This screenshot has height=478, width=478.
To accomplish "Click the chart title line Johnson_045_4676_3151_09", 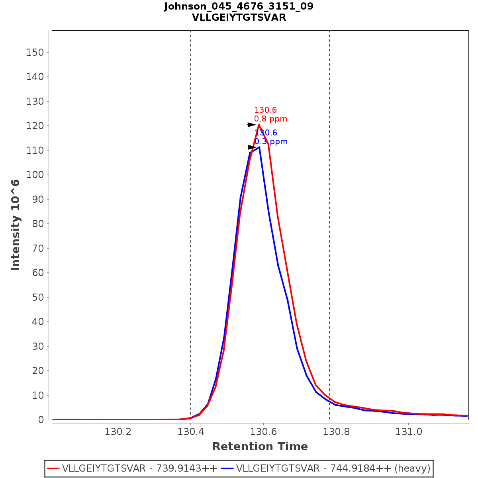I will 239,6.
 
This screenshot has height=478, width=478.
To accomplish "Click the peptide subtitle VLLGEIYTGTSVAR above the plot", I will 239,18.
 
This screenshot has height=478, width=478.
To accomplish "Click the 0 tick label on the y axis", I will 41,420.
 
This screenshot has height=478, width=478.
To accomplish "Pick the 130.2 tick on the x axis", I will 118,432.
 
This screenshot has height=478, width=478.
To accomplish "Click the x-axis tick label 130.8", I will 335,432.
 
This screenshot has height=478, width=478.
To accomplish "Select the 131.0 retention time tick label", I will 408,432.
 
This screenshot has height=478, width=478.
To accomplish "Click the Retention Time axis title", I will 260,447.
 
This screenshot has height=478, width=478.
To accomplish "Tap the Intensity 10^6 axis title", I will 16,225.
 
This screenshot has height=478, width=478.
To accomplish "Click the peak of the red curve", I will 259,125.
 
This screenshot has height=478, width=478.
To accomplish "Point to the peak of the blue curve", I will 259,147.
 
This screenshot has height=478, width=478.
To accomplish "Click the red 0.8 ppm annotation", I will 270,119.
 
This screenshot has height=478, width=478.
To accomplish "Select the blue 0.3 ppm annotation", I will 271,142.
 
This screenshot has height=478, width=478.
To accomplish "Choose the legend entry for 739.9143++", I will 139,468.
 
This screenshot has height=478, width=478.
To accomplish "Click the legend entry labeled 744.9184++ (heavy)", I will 333,468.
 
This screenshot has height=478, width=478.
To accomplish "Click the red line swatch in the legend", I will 53,468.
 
